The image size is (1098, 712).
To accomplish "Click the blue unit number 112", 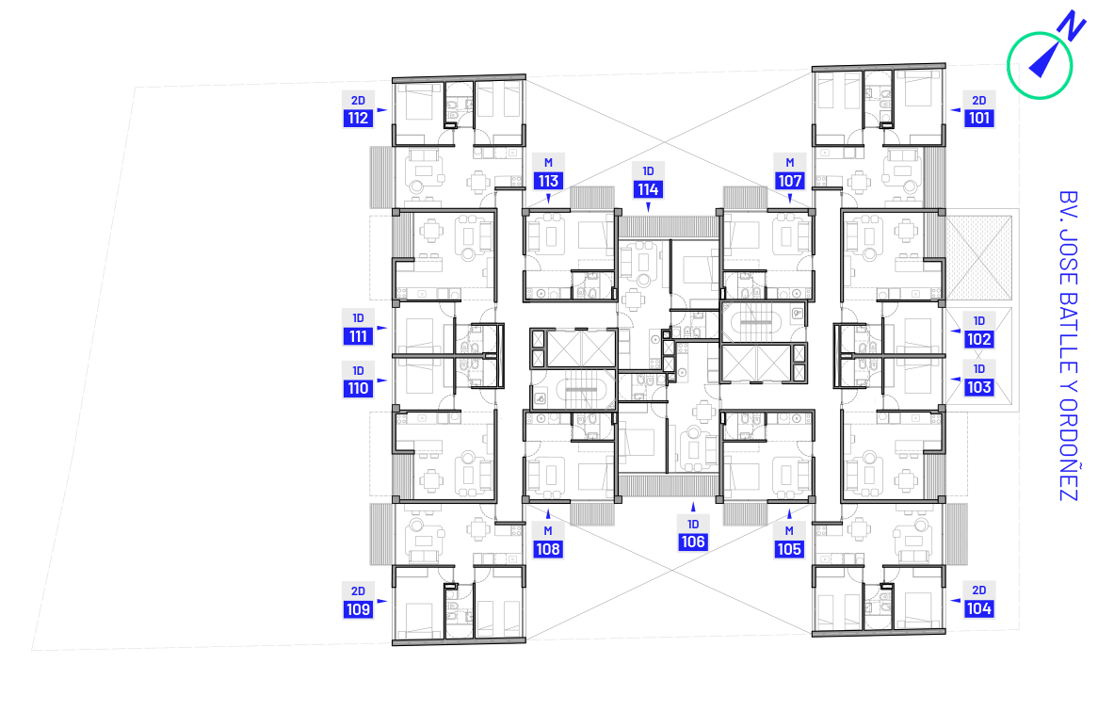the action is click(358, 119).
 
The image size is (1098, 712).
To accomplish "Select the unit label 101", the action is click(979, 119).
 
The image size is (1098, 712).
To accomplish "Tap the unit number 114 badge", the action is click(648, 189).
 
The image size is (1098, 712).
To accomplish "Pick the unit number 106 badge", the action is click(692, 542).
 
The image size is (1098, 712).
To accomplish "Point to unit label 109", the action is click(358, 609).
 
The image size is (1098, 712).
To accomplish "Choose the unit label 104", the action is click(979, 609).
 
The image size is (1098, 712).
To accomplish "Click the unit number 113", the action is click(548, 182).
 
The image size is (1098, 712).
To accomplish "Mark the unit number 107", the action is click(789, 182).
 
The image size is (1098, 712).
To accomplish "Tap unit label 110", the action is click(358, 389).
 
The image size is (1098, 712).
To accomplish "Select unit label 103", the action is click(979, 387).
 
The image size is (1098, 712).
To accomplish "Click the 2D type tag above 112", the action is click(358, 101).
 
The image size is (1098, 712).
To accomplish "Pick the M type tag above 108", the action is click(548, 530).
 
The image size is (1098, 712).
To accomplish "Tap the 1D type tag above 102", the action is click(979, 320).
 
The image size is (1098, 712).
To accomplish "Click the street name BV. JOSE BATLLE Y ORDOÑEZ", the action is click(1067, 346).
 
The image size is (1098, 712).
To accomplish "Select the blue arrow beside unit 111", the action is click(382, 328).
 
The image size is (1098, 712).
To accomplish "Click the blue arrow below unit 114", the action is click(648, 206).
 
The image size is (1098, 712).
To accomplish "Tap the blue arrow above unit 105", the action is click(789, 514).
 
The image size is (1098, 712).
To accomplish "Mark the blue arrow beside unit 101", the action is click(955, 110).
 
